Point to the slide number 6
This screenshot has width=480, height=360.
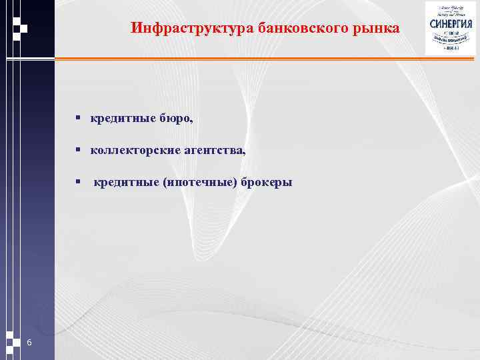pos(29,342)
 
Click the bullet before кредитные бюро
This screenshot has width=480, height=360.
pos(78,119)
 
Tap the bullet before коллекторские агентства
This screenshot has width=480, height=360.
pos(78,151)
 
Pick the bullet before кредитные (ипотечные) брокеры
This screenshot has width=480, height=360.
pos(78,182)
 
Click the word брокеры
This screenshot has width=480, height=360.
pos(267,182)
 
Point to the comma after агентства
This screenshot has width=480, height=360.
pos(243,154)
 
